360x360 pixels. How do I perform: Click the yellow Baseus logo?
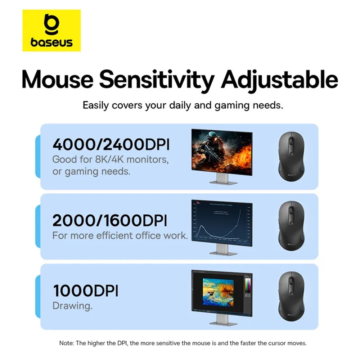coord(51,30)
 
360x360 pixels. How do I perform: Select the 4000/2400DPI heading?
coord(111,144)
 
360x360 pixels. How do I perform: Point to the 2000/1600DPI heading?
coord(110,220)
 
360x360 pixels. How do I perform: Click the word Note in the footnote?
coord(66,343)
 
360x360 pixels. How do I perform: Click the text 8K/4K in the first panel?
coord(104,159)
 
